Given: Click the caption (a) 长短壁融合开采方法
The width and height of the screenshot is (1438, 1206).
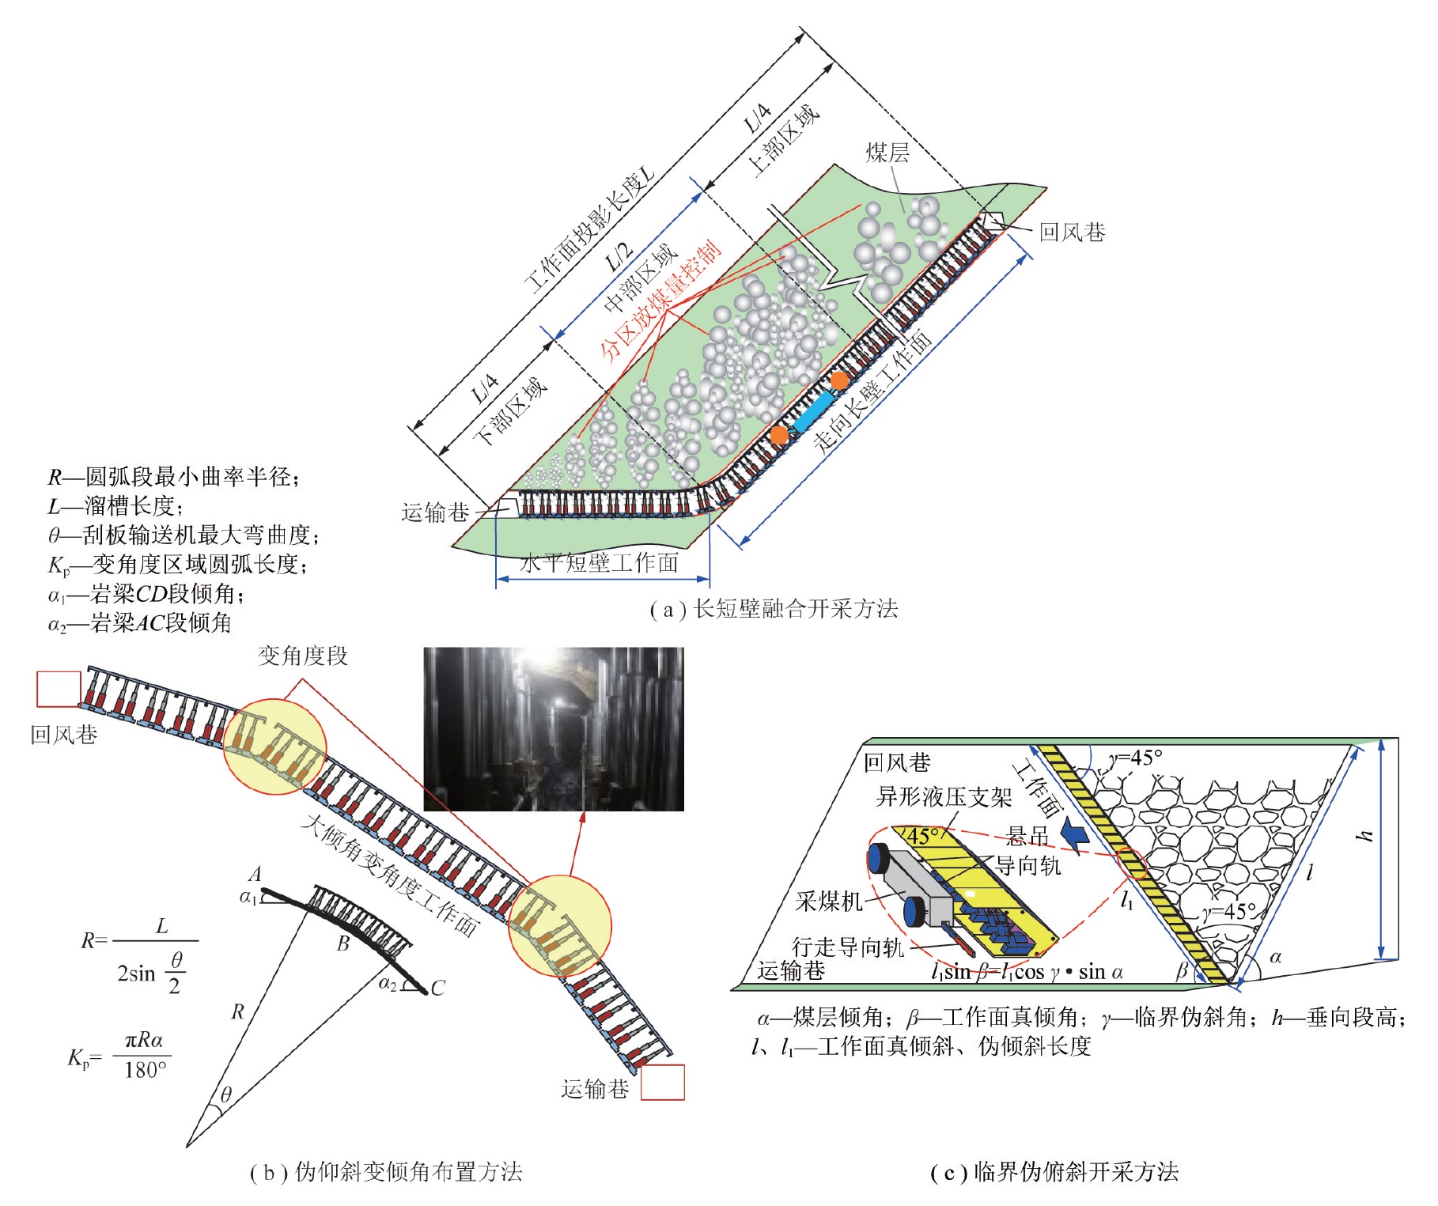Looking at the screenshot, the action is [774, 609].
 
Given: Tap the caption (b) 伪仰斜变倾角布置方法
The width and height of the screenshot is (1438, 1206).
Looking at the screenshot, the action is [386, 1171].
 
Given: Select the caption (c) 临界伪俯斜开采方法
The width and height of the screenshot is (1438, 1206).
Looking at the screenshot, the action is [1054, 1171].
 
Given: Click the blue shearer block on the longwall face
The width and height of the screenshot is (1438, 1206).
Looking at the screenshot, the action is [814, 411].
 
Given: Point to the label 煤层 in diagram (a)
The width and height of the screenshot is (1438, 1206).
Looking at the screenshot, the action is [887, 153].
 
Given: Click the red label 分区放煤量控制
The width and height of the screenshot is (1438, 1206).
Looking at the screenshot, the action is [661, 301].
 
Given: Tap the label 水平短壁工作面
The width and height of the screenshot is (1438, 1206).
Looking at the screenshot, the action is [600, 563].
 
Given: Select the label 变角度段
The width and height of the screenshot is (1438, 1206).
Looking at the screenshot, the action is [303, 656].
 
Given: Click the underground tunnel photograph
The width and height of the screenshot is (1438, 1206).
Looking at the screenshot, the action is [554, 728].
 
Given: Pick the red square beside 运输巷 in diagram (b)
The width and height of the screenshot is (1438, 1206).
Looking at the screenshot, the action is [663, 1083].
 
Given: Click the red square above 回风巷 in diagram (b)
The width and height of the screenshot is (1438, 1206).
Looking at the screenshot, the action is [59, 689].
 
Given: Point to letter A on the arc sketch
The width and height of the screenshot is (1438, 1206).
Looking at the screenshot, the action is [255, 875].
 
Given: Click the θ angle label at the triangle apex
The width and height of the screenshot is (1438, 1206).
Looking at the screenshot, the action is [226, 1094].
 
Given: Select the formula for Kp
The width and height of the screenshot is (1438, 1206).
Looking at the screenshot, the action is [119, 1055].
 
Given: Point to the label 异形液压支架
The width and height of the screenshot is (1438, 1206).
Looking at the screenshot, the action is [944, 796].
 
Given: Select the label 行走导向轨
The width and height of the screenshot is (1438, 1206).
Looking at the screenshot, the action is [848, 947].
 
